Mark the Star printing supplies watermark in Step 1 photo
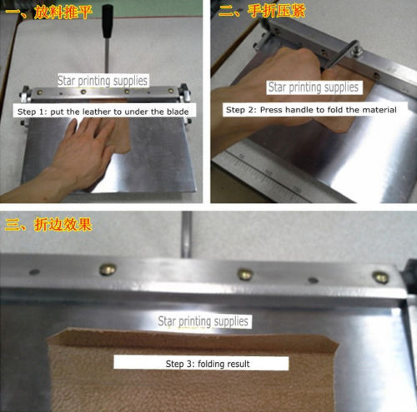point(103,82)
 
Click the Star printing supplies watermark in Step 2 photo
point(313,87)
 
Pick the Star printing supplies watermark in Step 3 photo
point(203,320)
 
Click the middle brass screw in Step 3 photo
point(244,273)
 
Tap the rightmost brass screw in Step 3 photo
point(379,277)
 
